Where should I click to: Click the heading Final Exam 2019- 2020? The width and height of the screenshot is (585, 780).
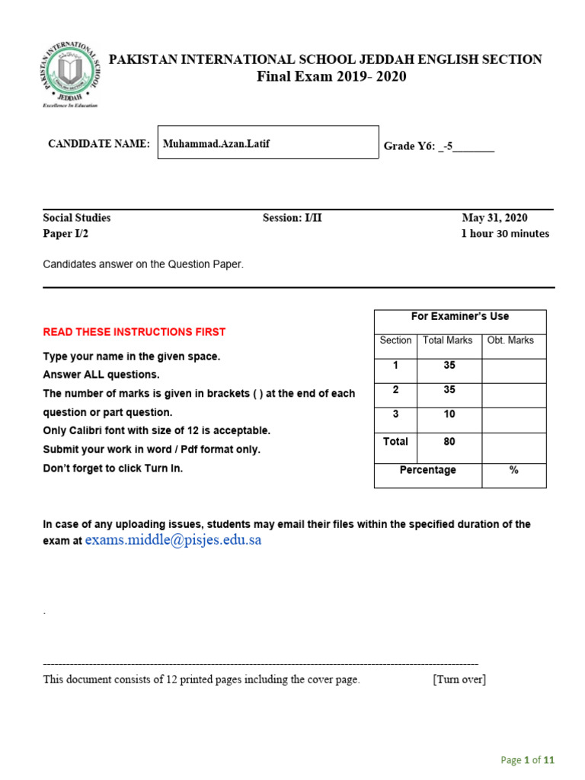(x=331, y=76)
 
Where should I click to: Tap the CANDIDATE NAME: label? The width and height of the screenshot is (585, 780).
(x=99, y=144)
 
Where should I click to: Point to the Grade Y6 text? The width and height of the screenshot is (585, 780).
(x=439, y=146)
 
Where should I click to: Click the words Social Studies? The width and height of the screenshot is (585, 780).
(x=77, y=218)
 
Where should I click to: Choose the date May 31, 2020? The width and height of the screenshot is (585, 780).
(x=494, y=218)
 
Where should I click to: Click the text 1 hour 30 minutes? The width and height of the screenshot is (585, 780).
(x=505, y=234)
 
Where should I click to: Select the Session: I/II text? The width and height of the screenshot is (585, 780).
(x=292, y=218)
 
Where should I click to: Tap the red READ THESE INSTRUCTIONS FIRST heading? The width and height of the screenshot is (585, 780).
(x=134, y=332)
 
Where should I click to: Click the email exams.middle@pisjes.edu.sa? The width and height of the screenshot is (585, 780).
(x=173, y=540)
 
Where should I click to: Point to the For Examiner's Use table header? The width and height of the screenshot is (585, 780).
(x=460, y=316)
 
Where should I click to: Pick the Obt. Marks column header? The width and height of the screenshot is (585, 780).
(x=510, y=340)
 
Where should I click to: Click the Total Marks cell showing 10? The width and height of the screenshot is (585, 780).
(x=449, y=414)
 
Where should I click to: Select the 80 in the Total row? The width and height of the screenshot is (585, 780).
(x=449, y=442)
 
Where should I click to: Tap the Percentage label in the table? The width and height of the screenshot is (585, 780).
(x=428, y=471)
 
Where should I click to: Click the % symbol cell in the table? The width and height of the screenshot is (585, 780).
(x=514, y=471)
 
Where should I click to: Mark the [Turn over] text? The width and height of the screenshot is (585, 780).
(x=459, y=679)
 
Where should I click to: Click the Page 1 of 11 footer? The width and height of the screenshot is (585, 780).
(x=527, y=759)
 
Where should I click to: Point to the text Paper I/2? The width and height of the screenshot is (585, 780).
(x=66, y=234)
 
